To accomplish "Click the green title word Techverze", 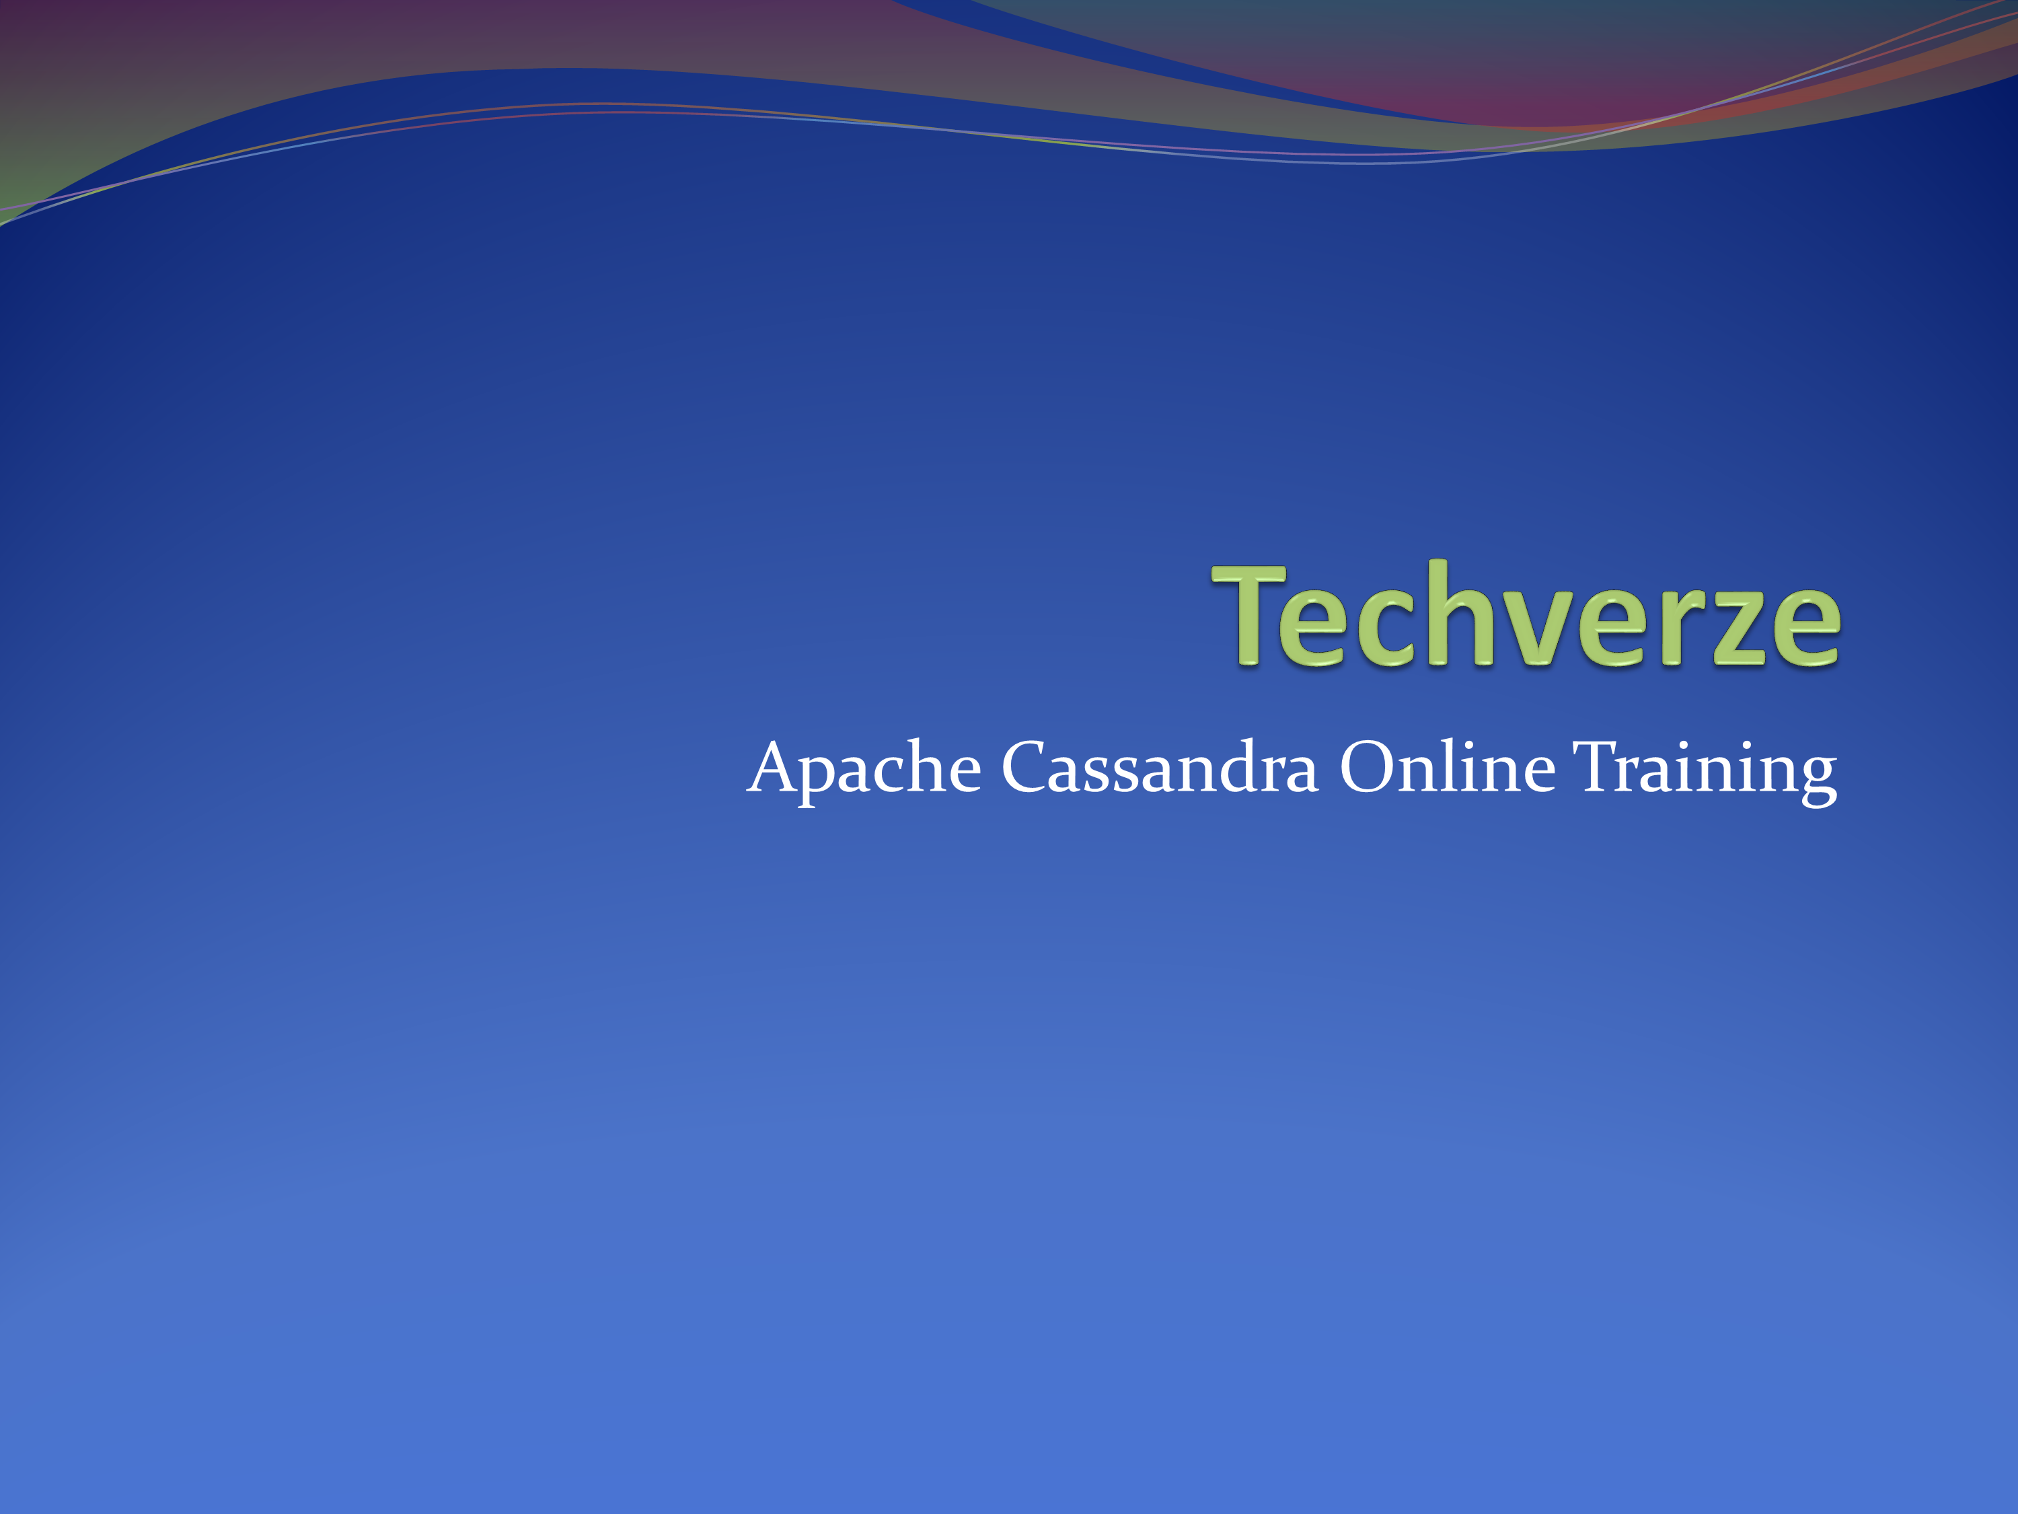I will [x=1526, y=615].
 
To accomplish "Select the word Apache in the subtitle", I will [x=864, y=768].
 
